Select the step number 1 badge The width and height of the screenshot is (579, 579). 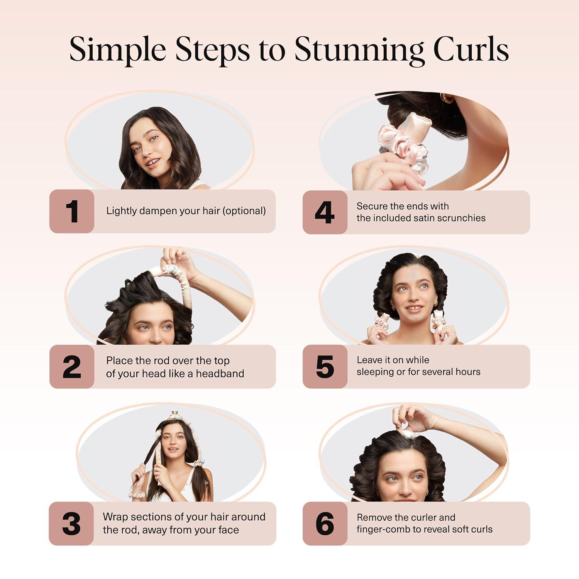point(72,211)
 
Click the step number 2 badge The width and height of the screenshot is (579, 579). point(72,367)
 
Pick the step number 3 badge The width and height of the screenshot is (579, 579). point(71,524)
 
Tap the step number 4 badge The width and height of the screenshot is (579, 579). point(325,212)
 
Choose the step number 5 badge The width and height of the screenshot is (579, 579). point(325,367)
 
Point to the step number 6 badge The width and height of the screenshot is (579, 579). point(325,524)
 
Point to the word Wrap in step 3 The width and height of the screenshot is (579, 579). point(115,517)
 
